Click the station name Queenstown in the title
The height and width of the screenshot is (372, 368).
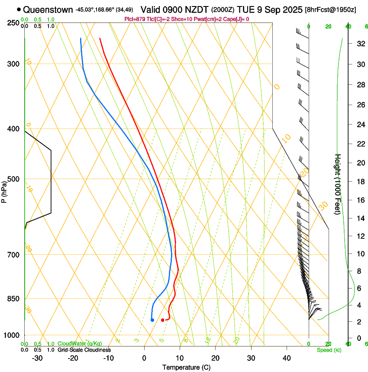click(x=48, y=9)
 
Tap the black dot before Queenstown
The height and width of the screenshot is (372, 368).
click(x=19, y=9)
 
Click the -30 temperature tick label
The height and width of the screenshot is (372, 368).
click(x=37, y=358)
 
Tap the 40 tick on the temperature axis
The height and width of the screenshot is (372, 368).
click(x=287, y=358)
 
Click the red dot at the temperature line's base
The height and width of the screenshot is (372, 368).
click(x=162, y=320)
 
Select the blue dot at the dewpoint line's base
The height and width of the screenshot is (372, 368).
click(x=152, y=320)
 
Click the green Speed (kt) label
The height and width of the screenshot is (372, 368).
click(x=329, y=350)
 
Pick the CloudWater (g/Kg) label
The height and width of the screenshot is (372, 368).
click(x=80, y=344)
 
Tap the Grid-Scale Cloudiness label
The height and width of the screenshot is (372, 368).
click(x=84, y=350)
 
